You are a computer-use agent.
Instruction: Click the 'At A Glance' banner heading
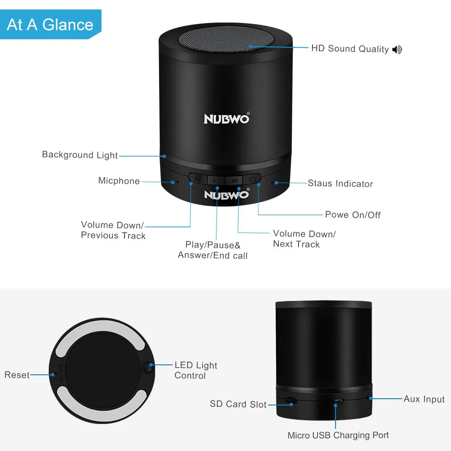coord(50,24)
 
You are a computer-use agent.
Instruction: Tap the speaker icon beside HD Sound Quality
coord(397,50)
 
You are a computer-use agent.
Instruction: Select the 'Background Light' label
coord(80,155)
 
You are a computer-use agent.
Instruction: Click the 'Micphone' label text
coord(119,181)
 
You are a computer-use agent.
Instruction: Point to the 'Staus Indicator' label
coord(341,184)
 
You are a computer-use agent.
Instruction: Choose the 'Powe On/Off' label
coord(353,215)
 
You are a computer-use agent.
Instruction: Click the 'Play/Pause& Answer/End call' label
coord(213,250)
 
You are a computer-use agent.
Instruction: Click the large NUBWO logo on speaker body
coord(225,119)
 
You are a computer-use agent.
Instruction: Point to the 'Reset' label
coord(17,375)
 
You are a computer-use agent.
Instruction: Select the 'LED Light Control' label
coord(196,370)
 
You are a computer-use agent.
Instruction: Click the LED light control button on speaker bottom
coord(147,367)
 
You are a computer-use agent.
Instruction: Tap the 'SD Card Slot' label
coord(238,404)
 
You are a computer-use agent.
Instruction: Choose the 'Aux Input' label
coord(424,399)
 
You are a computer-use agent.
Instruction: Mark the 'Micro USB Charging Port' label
coord(338,435)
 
